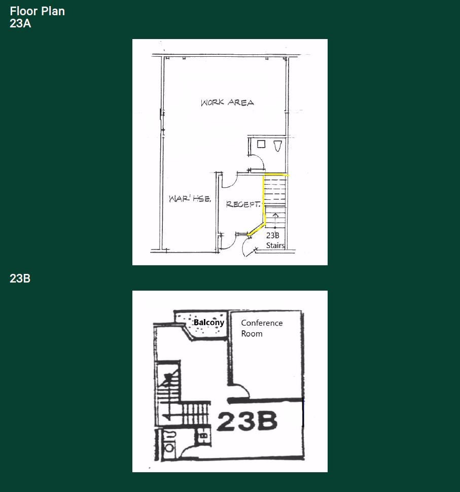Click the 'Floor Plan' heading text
37,11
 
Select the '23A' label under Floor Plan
20,23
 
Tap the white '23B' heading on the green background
20,278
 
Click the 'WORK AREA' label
227,102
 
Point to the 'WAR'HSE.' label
186,199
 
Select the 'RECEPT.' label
243,204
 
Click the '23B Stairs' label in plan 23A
274,240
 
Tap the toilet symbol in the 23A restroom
277,146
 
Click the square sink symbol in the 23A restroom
261,144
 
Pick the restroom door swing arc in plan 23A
257,162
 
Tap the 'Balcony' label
208,323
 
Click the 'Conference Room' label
262,328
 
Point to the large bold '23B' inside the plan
247,421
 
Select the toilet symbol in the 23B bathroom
169,448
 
